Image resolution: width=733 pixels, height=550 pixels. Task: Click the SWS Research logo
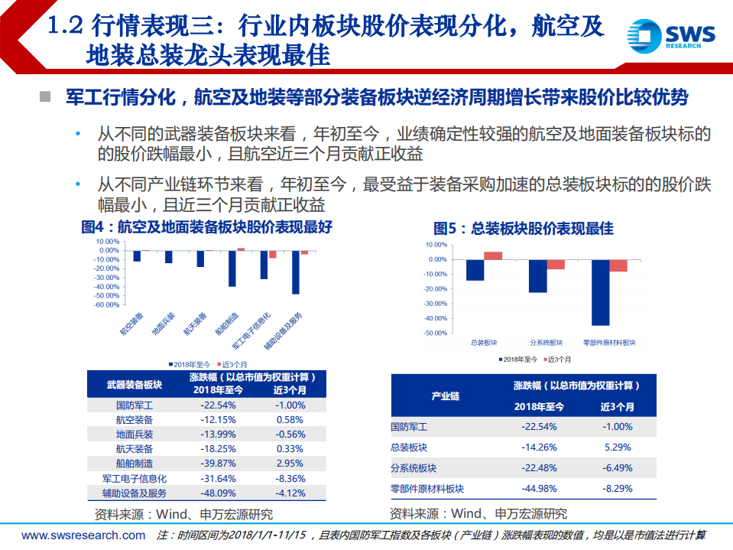[671, 36]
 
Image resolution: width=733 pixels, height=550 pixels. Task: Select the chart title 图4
[206, 227]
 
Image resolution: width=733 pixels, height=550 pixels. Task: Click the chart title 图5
[523, 228]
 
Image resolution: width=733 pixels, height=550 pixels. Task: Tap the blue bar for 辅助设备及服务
[295, 272]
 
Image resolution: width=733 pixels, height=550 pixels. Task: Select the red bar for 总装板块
[493, 255]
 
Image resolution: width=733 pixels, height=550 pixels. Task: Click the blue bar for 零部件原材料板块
[600, 292]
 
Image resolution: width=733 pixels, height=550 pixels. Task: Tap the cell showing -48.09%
[217, 493]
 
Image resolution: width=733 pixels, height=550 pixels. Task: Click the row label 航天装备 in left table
[134, 449]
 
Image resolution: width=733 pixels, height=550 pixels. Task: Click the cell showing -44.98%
[538, 488]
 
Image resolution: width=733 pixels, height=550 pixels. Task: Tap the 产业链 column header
[445, 396]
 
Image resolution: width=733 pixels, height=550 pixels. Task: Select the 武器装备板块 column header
[134, 384]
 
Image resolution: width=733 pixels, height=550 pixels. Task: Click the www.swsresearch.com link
[83, 535]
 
